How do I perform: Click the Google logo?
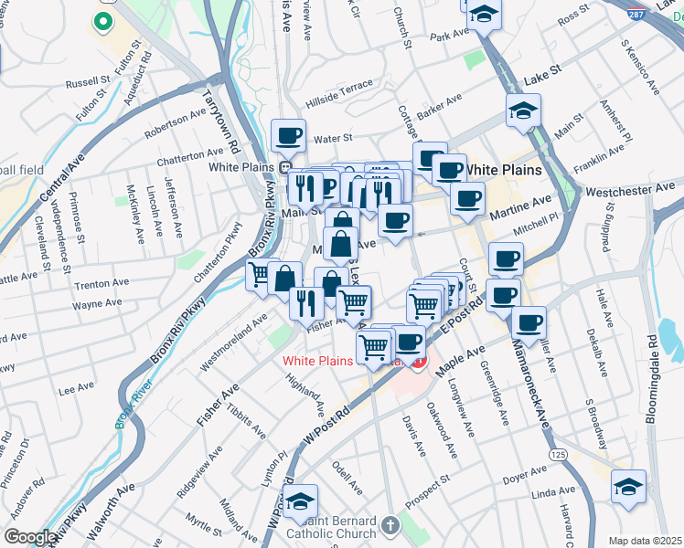(x=29, y=538)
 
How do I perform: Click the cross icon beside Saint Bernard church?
(x=390, y=525)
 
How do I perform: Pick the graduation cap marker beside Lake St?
(x=523, y=111)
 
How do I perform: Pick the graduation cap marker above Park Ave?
(x=485, y=16)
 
